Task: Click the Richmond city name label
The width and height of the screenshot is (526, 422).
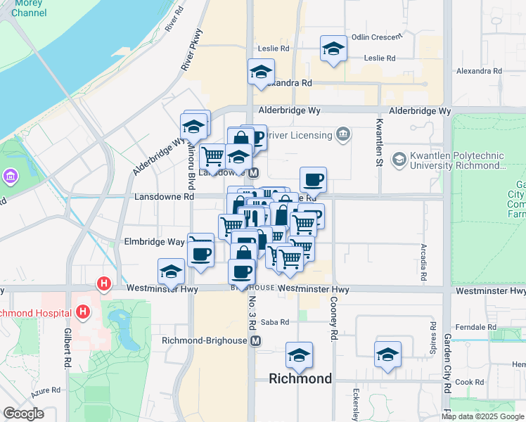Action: [x=300, y=378]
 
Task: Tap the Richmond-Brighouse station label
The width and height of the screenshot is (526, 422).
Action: [x=205, y=340]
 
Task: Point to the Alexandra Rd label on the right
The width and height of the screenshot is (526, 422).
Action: [x=479, y=71]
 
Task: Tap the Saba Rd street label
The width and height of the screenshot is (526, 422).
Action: [x=275, y=322]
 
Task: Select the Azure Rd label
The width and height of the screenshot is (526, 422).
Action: [x=46, y=390]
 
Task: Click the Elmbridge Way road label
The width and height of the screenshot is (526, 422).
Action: [x=154, y=241]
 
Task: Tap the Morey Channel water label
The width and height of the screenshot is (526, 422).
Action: [x=24, y=8]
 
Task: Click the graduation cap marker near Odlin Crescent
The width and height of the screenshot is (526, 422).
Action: [x=333, y=49]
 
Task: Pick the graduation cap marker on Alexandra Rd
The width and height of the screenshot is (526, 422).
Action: [x=261, y=72]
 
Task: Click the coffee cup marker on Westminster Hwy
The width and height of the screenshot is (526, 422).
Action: [x=242, y=271]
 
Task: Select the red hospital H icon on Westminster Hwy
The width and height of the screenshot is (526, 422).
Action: [x=104, y=285]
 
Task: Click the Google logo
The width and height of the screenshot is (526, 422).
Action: [x=23, y=414]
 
